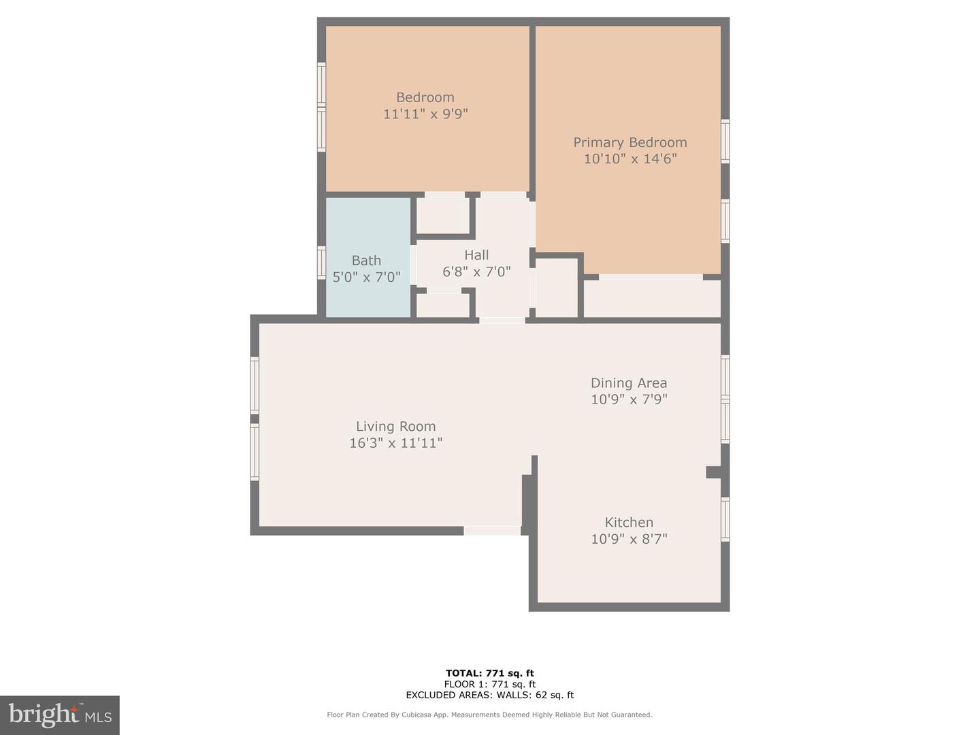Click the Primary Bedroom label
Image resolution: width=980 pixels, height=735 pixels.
pyautogui.click(x=630, y=142)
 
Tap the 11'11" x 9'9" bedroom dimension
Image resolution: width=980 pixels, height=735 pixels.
pyautogui.click(x=425, y=114)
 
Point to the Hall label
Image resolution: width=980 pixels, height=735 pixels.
pyautogui.click(x=476, y=255)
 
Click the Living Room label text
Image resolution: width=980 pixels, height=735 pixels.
pyautogui.click(x=395, y=427)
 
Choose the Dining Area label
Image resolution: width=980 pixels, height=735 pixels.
pyautogui.click(x=629, y=383)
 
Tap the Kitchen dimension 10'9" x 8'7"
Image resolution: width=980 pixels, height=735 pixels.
pyautogui.click(x=629, y=539)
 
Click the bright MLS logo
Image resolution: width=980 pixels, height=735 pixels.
pyautogui.click(x=60, y=715)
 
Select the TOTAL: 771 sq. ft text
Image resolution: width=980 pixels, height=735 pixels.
pyautogui.click(x=489, y=673)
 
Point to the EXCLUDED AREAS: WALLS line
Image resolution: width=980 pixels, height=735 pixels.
pyautogui.click(x=489, y=695)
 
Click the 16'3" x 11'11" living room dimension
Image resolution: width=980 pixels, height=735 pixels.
pyautogui.click(x=395, y=443)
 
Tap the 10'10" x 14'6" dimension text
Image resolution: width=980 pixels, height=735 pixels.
pyautogui.click(x=630, y=159)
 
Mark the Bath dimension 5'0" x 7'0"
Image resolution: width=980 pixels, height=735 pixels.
pyautogui.click(x=366, y=277)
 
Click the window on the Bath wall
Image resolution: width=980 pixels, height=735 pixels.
pyautogui.click(x=321, y=263)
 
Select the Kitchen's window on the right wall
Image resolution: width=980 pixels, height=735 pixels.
pyautogui.click(x=725, y=519)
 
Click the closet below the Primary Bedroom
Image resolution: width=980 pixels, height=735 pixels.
pyautogui.click(x=652, y=299)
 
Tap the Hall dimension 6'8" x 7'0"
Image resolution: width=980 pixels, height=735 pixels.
pyautogui.click(x=476, y=272)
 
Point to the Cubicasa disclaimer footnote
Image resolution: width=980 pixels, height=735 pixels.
pyautogui.click(x=489, y=715)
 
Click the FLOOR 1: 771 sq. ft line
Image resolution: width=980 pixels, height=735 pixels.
pyautogui.click(x=489, y=684)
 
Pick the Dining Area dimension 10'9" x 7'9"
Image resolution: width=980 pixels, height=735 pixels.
pyautogui.click(x=629, y=399)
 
